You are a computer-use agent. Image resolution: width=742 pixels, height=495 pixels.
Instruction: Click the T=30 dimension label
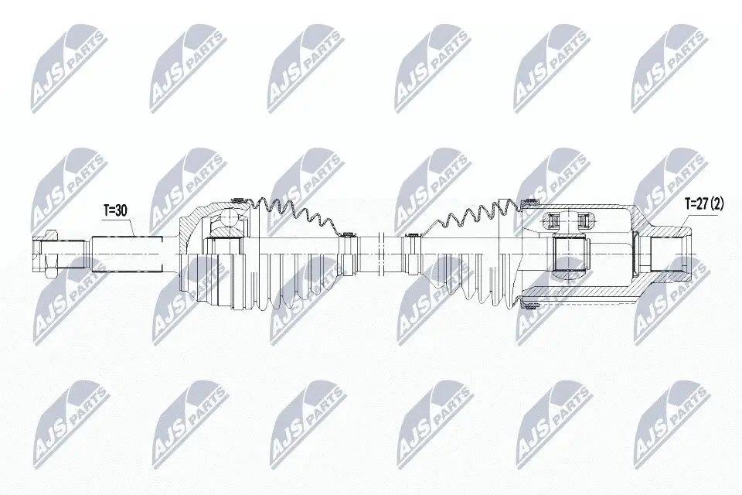(117, 210)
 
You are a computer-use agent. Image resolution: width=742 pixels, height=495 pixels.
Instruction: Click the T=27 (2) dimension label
(703, 205)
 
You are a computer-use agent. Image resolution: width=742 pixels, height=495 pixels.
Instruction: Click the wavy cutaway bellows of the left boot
(294, 213)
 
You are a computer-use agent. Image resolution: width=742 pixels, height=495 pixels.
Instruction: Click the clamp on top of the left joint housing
(237, 200)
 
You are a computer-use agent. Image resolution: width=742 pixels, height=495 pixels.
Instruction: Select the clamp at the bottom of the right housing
(530, 308)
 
